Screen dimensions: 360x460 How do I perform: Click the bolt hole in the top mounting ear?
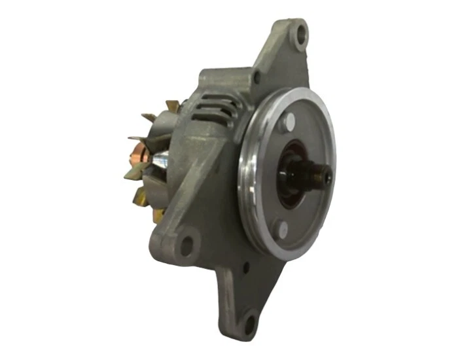coord(300,34)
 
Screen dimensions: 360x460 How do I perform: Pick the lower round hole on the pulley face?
coord(282,230)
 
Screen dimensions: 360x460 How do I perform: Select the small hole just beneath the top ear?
coord(258,77)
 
